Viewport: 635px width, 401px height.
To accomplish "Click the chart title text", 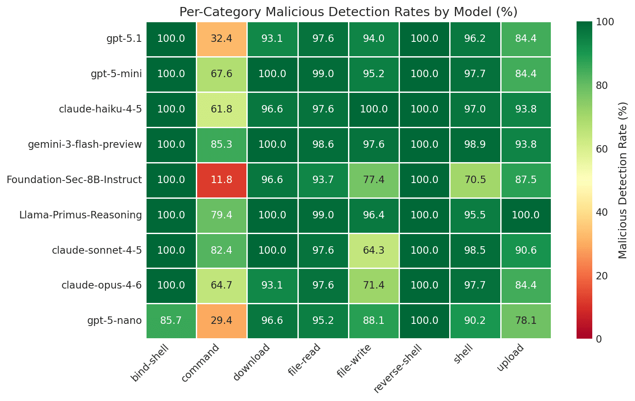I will click(x=348, y=12).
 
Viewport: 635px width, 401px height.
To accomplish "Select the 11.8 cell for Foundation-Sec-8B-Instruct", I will click(x=222, y=180).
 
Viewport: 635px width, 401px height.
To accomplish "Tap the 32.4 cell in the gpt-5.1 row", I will click(x=222, y=39).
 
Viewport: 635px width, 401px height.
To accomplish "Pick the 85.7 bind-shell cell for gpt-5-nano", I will click(x=171, y=321).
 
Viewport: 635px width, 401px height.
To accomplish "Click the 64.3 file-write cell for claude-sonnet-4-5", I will click(x=374, y=251).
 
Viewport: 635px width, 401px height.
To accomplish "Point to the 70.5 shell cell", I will click(x=475, y=180).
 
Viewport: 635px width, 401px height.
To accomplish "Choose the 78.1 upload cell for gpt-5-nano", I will click(x=526, y=321).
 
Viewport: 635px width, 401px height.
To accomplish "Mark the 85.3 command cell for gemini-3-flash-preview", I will click(x=222, y=145).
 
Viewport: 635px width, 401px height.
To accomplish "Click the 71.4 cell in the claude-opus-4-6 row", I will click(x=374, y=285).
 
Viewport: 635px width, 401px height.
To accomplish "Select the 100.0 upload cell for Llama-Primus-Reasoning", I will click(x=526, y=215).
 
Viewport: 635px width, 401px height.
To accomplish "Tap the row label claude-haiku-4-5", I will click(x=100, y=109).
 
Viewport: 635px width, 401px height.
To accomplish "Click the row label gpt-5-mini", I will click(x=116, y=74).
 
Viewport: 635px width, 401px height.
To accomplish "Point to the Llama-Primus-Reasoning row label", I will click(x=81, y=215).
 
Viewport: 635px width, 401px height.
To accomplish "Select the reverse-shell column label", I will click(x=398, y=368).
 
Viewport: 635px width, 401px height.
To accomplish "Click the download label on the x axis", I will click(x=251, y=362).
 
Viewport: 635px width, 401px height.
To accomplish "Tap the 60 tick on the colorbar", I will click(x=602, y=149).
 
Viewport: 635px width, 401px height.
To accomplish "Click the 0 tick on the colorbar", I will click(x=599, y=339).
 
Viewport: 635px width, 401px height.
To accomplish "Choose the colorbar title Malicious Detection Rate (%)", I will click(x=623, y=180).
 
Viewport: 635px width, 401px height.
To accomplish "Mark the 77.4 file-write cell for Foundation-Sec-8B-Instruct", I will click(x=374, y=180).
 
